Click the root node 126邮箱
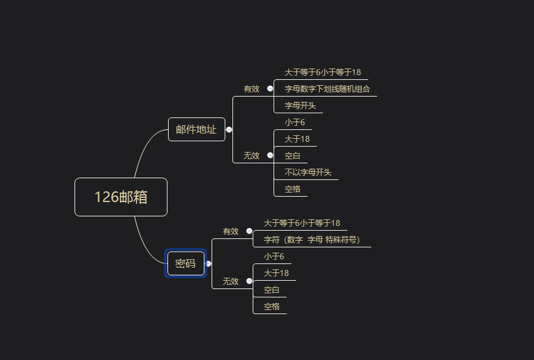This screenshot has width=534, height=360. [121, 197]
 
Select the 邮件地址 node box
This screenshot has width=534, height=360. [196, 129]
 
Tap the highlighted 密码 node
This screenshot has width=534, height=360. [186, 263]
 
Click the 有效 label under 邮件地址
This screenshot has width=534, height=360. [252, 89]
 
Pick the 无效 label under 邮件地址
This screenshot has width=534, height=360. [252, 156]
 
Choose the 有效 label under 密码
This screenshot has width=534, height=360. [231, 231]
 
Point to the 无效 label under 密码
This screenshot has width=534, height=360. [231, 281]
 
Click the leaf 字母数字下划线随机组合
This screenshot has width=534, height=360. [327, 89]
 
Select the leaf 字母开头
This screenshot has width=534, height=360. [300, 105]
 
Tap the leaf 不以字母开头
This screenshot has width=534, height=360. [308, 172]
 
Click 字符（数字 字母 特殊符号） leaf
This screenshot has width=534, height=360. [312, 240]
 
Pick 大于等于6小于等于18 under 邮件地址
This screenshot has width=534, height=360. [322, 72]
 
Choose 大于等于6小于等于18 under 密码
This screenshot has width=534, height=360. [302, 223]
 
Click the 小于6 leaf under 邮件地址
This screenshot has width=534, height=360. [294, 122]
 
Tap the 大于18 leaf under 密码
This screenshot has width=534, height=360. [277, 273]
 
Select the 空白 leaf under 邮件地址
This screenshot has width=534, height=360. [293, 156]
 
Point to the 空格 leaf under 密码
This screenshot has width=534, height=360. [272, 306]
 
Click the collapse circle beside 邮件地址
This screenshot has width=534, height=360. [229, 129]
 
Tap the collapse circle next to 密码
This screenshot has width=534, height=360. [209, 263]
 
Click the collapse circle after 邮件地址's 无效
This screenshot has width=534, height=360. [270, 156]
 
